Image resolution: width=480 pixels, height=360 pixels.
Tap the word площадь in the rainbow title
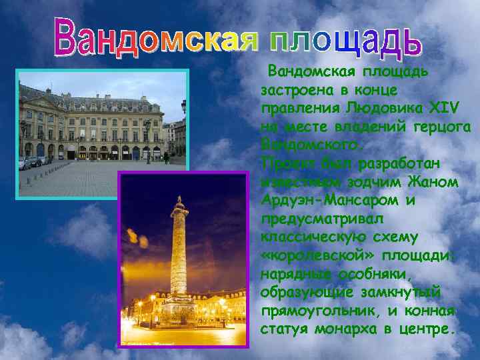tap(345, 37)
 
